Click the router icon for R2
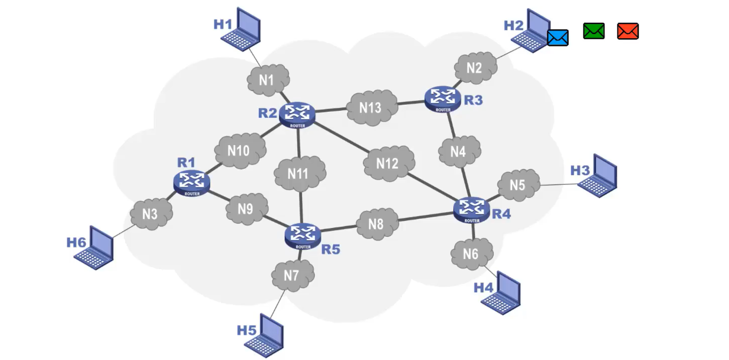pos(297,114)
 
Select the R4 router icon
pos(472,210)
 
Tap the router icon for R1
pos(191,183)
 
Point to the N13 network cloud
pos(370,107)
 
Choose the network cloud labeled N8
pos(376,223)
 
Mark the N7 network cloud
pos(292,275)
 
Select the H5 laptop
pos(265,335)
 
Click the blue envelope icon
pos(558,38)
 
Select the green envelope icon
pos(593,31)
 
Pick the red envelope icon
pos(628,31)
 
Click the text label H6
pos(76,243)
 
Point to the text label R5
pos(331,249)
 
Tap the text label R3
pos(473,100)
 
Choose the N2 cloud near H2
pos(475,68)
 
